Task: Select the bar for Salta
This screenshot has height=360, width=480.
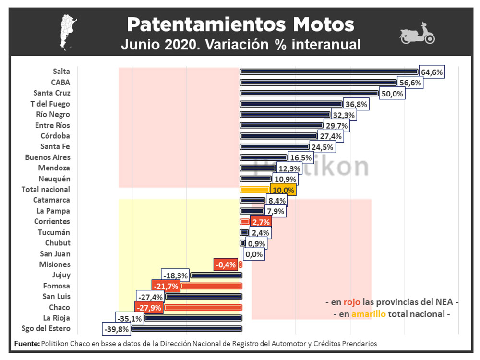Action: pyautogui.click(x=329, y=72)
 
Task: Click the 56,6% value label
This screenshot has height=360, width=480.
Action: pyautogui.click(x=410, y=83)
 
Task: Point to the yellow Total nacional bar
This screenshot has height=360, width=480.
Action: pyautogui.click(x=255, y=190)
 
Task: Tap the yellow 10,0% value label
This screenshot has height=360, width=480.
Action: pyautogui.click(x=283, y=190)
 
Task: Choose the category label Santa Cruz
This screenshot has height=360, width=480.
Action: pyautogui.click(x=52, y=93)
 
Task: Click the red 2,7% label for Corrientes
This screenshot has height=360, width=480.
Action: pyautogui.click(x=260, y=222)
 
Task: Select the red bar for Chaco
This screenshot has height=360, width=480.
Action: pyautogui.click(x=204, y=308)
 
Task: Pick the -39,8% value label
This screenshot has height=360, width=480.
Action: pyautogui.click(x=116, y=329)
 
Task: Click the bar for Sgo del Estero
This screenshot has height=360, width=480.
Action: pyautogui.click(x=187, y=329)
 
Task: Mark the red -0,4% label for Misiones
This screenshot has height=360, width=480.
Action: pyautogui.click(x=226, y=264)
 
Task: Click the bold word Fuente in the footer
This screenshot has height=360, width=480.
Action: pyautogui.click(x=27, y=344)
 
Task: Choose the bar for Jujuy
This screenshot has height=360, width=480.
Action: pyautogui.click(x=216, y=276)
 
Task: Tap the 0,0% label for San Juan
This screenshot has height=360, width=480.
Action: pyautogui.click(x=254, y=254)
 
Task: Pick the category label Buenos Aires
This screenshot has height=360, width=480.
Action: pyautogui.click(x=48, y=157)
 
